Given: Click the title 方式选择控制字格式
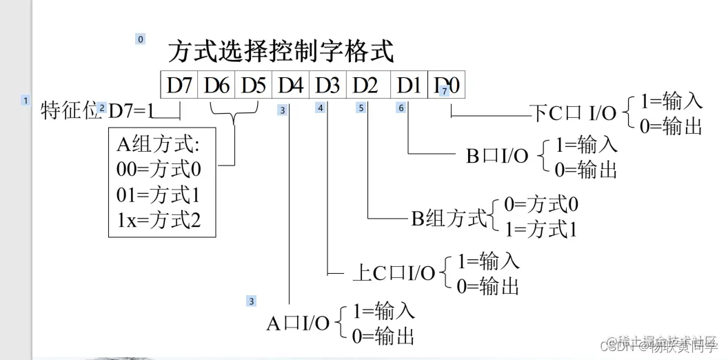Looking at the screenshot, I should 281,52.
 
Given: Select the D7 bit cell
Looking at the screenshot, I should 179,86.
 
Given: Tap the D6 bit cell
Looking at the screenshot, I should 216,86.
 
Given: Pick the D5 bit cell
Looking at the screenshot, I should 254,86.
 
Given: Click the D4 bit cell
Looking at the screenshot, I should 291,86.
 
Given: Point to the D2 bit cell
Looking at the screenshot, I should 366,86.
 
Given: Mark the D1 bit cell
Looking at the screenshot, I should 409,86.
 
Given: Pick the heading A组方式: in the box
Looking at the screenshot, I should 158,143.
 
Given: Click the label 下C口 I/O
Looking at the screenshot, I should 574,114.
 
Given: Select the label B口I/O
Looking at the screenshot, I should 497,157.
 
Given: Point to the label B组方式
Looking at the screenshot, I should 449,219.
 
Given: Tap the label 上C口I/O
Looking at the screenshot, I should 393,273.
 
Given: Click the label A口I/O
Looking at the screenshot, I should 298,323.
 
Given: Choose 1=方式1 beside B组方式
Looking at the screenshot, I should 540,229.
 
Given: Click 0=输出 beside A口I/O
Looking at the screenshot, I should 383,336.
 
